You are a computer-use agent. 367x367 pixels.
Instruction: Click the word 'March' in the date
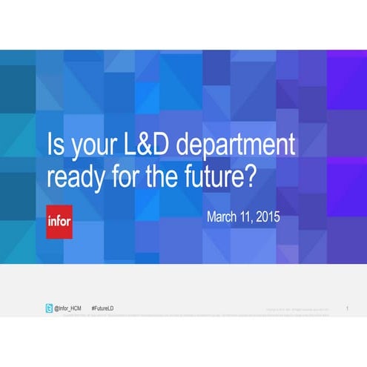(x=224, y=218)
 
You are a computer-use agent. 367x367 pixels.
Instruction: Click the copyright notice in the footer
(x=297, y=307)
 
